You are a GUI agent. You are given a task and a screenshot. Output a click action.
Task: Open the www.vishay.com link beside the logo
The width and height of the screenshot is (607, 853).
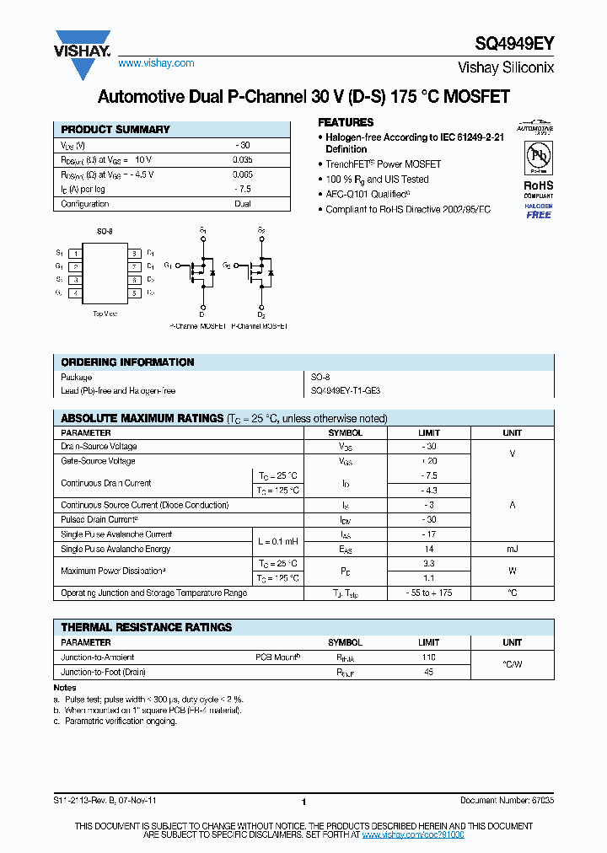[x=156, y=63]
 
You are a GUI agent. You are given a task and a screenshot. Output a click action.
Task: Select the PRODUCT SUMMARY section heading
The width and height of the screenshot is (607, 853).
[x=115, y=130]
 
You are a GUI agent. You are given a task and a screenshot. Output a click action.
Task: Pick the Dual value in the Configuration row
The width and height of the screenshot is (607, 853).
[x=243, y=204]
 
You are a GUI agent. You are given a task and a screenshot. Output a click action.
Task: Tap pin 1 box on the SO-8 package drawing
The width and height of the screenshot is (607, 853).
[x=76, y=253]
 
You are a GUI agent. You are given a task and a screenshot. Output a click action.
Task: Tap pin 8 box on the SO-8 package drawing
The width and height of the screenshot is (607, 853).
[x=134, y=253]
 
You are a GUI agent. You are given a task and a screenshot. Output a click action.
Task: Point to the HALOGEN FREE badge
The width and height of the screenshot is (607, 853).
[x=538, y=211]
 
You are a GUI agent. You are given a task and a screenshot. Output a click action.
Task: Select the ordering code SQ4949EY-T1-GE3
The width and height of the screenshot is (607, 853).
[x=346, y=391]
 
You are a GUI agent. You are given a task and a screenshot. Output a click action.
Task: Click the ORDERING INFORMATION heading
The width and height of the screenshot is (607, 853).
[x=127, y=362]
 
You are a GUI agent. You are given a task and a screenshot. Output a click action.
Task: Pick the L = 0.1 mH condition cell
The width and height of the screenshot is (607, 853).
[x=277, y=541]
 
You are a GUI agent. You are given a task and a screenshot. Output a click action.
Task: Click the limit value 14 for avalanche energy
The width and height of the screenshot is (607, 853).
[x=428, y=549]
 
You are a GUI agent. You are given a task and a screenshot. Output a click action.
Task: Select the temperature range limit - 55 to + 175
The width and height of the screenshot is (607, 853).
[x=428, y=593]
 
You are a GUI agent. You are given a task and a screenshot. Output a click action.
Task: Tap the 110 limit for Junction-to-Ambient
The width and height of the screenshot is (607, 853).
[x=428, y=657]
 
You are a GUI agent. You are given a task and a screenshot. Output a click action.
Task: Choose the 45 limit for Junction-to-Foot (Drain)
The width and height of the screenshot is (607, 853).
[x=428, y=673]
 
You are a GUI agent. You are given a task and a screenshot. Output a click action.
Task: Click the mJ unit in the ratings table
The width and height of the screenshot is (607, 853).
[x=512, y=549]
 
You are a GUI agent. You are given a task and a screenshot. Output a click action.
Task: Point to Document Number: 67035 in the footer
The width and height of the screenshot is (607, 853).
[x=507, y=801]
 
